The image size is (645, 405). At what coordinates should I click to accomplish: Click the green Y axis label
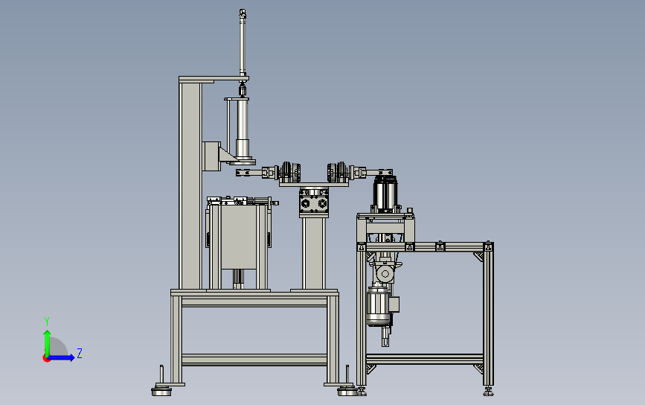tap(47, 321)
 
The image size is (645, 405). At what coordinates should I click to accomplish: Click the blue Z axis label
tap(80, 353)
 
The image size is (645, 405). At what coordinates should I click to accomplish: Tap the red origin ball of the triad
tap(46, 358)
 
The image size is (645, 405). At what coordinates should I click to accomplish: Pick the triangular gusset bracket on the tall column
tap(227, 155)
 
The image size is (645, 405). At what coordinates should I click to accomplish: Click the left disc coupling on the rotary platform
tap(290, 171)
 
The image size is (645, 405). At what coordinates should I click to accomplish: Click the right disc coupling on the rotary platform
tap(338, 171)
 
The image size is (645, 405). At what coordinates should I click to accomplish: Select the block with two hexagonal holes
tap(313, 203)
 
